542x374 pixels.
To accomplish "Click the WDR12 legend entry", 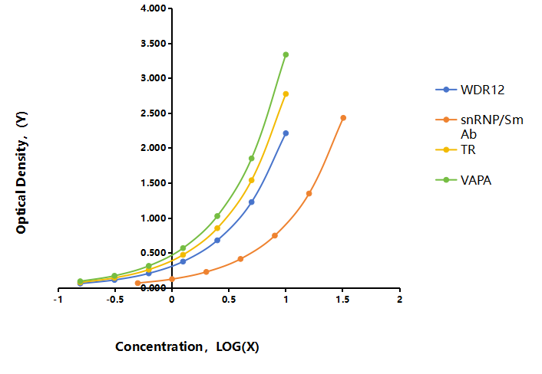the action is [x=470, y=90].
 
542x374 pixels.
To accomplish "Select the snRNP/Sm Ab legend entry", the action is [x=480, y=126].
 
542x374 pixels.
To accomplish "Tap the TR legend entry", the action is [x=455, y=149].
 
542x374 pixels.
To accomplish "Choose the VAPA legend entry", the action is [x=464, y=180].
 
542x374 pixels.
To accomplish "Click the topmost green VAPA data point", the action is [x=286, y=54].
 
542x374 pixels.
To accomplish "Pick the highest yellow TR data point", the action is [x=286, y=93].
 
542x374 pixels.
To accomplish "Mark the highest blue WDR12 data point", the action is [x=286, y=133].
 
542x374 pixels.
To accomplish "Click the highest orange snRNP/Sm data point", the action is [x=343, y=118].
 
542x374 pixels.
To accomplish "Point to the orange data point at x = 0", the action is [x=172, y=279].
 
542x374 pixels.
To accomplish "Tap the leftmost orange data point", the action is [x=138, y=283].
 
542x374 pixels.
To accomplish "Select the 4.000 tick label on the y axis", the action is [x=154, y=8].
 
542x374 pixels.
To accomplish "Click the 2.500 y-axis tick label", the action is [x=154, y=113].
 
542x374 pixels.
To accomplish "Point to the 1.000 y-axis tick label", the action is [x=154, y=218].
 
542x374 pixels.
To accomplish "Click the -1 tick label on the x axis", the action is [x=58, y=300].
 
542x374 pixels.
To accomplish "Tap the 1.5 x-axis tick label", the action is [x=342, y=300].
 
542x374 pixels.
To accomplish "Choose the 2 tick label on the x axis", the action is [x=399, y=300].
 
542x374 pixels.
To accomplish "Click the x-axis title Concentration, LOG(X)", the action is [x=187, y=346].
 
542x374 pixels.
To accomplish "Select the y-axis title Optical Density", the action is [x=21, y=172].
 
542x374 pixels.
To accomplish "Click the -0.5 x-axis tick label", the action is [x=114, y=300].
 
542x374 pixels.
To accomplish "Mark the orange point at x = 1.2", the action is [x=309, y=194].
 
